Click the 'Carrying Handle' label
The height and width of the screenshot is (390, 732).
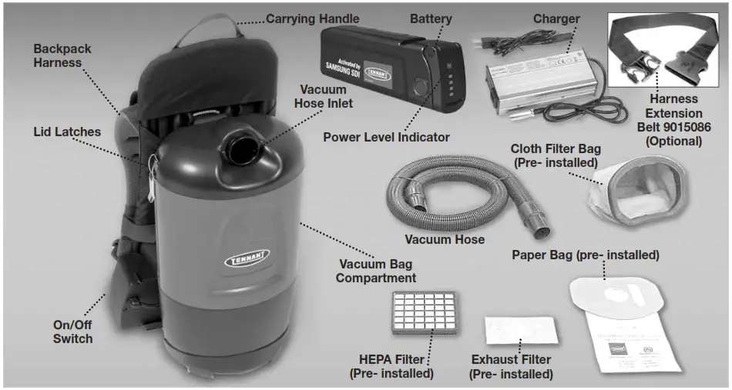click(312, 18)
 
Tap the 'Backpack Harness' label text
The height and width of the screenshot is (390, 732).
click(62, 55)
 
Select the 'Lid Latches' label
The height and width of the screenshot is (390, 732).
click(66, 132)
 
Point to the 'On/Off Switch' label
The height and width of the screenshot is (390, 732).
click(73, 332)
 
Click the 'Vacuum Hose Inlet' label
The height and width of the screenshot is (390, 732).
click(324, 96)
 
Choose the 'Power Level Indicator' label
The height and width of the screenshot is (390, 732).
click(386, 138)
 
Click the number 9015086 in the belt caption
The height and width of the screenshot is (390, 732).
click(685, 127)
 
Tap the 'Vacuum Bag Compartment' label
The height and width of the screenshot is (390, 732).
click(376, 270)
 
